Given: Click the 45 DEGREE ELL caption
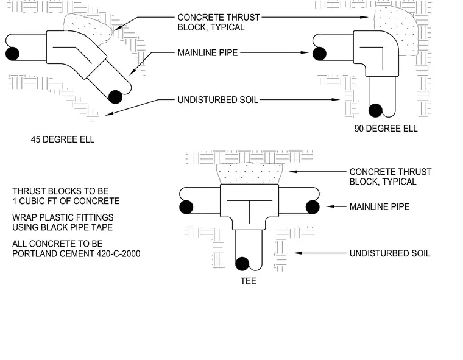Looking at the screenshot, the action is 63,139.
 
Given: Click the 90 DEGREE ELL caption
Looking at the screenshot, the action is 386,129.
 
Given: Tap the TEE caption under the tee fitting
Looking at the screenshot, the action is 249,281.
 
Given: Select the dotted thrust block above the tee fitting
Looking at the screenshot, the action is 250,174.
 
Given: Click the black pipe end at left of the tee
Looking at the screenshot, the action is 186,206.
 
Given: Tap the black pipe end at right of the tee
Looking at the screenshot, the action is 313,206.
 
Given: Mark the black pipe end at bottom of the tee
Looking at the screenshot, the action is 242,264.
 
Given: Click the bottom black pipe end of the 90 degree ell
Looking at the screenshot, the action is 376,110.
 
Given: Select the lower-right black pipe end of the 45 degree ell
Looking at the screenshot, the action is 116,97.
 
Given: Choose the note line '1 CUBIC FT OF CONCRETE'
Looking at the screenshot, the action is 66,201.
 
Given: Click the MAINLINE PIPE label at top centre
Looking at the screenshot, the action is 208,53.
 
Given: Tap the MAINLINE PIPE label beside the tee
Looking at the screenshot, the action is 380,206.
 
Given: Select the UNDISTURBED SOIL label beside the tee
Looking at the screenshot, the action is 390,253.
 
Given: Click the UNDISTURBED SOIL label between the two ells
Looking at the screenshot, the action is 218,100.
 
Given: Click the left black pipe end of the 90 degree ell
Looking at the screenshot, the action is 319,54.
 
